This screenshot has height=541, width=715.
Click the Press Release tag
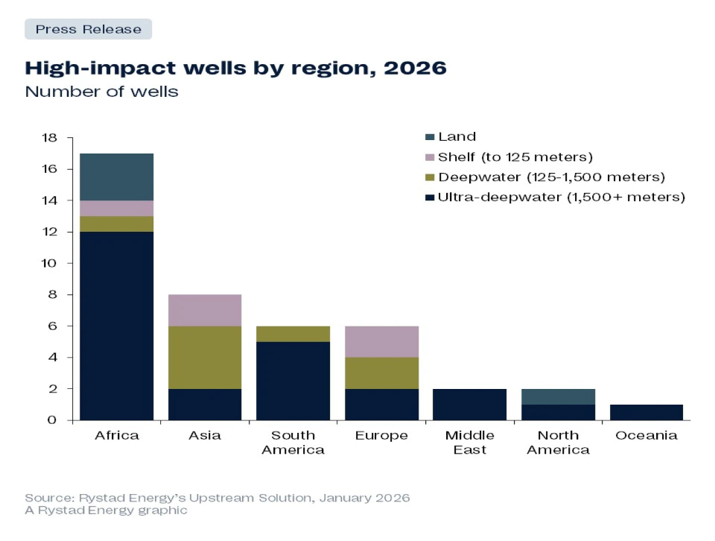(x=88, y=30)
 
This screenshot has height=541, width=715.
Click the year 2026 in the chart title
(x=415, y=69)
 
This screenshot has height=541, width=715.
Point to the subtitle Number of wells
(x=101, y=92)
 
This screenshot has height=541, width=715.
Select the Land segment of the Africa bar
(x=116, y=177)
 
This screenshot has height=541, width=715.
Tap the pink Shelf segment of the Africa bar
(x=116, y=208)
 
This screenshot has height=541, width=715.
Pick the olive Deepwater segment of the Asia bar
(x=205, y=357)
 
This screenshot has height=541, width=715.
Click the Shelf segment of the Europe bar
(x=381, y=341)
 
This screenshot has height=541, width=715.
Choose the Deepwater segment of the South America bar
(x=293, y=333)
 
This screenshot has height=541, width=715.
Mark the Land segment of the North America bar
(x=558, y=396)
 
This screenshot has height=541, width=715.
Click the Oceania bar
(x=646, y=412)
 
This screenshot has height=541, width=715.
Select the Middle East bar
(x=469, y=404)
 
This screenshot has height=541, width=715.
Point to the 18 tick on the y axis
(x=49, y=138)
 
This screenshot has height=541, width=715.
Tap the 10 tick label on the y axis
(x=49, y=263)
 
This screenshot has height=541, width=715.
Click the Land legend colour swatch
(x=429, y=137)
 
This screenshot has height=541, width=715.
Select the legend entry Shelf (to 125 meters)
(x=515, y=157)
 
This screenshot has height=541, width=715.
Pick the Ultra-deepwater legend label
(x=561, y=197)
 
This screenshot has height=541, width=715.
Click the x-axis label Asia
(x=205, y=435)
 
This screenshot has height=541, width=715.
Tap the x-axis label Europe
(x=381, y=435)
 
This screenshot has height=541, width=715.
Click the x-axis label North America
(x=558, y=443)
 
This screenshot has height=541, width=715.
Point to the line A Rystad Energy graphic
(x=106, y=510)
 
